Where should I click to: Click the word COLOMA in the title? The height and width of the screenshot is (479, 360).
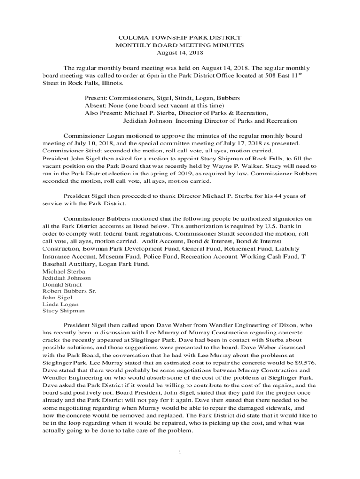coord(130,37)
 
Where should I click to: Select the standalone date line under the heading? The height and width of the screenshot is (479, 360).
coord(180,53)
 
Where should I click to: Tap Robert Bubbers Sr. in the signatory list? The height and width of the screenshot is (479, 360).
coord(69,291)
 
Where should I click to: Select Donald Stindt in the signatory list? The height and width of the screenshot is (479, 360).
coord(62,284)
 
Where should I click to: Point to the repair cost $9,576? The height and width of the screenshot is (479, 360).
coord(298,362)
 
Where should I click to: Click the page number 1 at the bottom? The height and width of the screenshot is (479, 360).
coord(180,453)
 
